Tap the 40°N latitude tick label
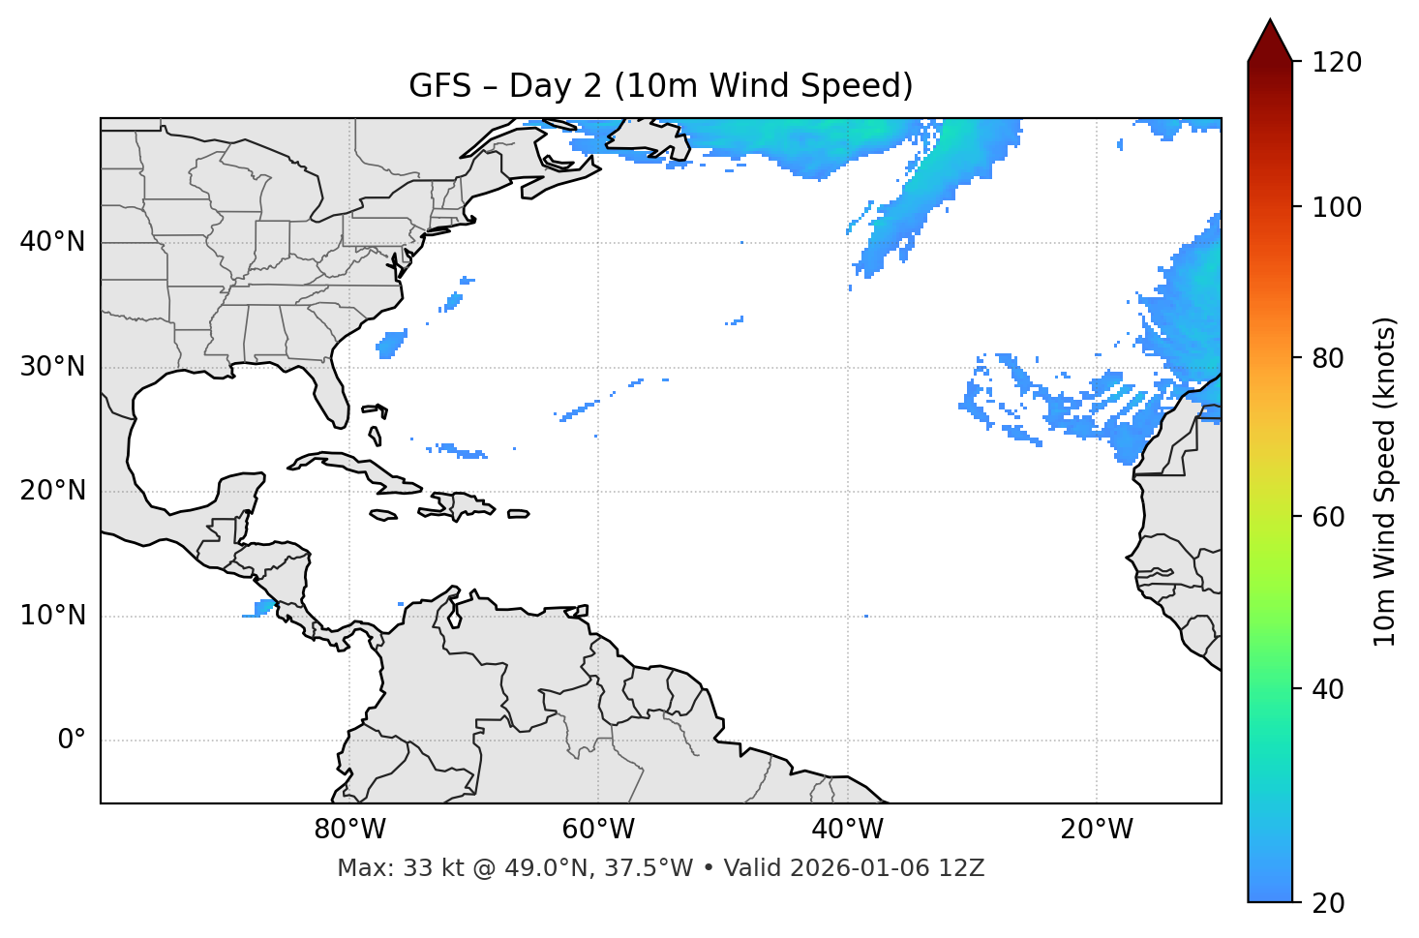tap(52, 242)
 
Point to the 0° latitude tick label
tap(71, 741)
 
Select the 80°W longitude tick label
tap(349, 830)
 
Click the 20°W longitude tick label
tap(1097, 830)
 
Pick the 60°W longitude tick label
tap(598, 830)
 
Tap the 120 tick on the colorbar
tap(1337, 62)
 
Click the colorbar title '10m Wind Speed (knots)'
tap(1385, 481)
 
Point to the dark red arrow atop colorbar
tap(1270, 42)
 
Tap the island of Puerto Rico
tap(518, 514)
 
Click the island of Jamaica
tap(383, 515)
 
